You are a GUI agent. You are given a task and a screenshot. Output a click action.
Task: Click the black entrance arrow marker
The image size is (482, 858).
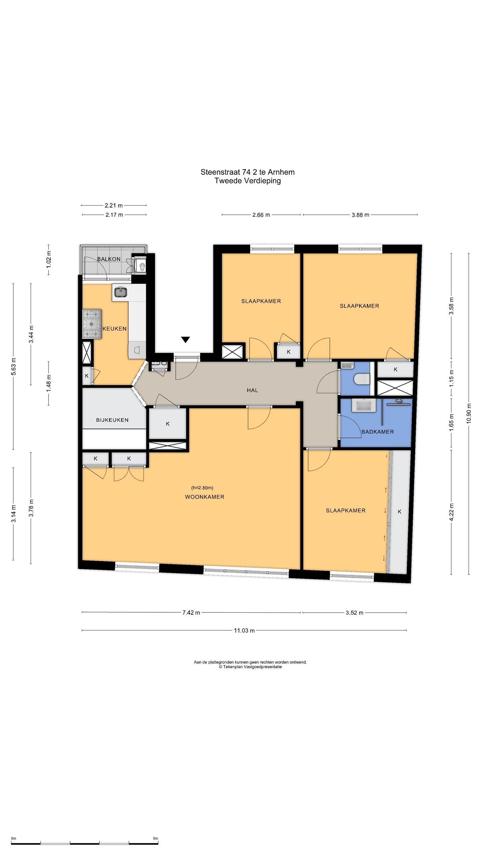click(186, 340)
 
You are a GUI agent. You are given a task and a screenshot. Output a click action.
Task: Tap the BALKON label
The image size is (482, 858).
click(109, 259)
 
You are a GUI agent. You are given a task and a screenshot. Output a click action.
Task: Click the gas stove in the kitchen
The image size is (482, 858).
click(92, 323)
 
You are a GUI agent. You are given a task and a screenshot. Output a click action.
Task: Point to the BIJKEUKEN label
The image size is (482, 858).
click(112, 420)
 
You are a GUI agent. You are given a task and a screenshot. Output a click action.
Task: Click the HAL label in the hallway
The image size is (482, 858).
click(252, 390)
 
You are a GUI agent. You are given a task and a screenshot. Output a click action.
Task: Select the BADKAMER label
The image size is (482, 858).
click(378, 432)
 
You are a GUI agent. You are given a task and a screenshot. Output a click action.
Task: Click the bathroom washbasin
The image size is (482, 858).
click(364, 405)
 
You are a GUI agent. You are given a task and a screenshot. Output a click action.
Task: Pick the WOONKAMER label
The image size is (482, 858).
click(205, 497)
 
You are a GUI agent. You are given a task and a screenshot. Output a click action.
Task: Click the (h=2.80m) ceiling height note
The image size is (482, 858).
click(202, 488)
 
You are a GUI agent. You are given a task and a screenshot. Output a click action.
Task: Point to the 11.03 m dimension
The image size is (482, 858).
click(244, 630)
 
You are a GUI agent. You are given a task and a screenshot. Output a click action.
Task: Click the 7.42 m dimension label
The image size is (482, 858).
click(191, 613)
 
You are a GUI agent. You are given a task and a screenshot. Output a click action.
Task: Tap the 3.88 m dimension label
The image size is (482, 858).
click(360, 215)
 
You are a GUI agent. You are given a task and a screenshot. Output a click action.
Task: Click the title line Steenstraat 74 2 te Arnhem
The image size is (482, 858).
click(248, 172)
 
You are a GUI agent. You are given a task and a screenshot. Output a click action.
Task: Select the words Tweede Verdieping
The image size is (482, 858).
click(248, 181)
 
